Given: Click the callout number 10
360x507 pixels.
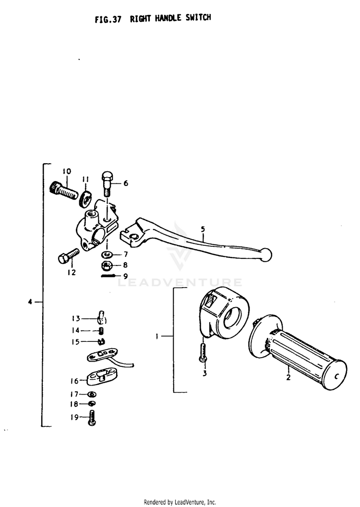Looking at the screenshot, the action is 67,171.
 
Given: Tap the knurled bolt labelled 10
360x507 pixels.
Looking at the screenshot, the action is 63,191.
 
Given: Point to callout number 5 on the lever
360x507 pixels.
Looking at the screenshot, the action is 203,229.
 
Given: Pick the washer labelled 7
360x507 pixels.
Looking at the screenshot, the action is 107,254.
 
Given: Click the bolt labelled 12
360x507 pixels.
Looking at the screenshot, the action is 68,256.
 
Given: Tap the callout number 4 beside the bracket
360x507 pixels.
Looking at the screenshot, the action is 30,302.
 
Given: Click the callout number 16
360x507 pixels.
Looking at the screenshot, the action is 75,381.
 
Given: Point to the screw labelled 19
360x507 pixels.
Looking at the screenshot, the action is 92,417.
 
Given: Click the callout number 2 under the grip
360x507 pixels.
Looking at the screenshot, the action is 288,377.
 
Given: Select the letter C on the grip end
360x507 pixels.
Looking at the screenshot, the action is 336,376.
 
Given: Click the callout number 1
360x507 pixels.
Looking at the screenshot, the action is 157,337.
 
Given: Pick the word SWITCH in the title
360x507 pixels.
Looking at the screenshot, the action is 198,17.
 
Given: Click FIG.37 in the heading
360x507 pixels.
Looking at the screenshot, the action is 108,19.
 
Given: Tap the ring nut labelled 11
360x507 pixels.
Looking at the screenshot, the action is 85,199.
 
